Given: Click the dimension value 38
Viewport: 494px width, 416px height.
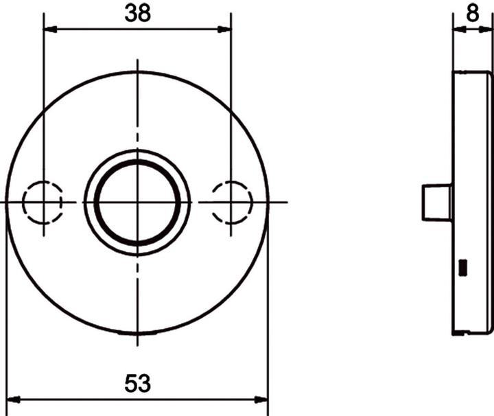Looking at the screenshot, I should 137,13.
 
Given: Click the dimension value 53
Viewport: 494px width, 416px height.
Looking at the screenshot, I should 137,383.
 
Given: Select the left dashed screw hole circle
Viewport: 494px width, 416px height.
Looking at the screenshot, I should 43,202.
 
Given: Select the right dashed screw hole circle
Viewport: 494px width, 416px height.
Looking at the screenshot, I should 231,202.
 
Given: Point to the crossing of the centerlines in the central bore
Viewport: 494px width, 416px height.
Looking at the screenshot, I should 137,202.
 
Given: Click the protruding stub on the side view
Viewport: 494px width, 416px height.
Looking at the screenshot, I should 436,203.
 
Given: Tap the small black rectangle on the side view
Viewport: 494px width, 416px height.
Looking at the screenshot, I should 462,266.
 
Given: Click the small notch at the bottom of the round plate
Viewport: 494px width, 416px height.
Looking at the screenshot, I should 137,334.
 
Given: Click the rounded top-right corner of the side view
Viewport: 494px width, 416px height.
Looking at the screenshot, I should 488,74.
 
